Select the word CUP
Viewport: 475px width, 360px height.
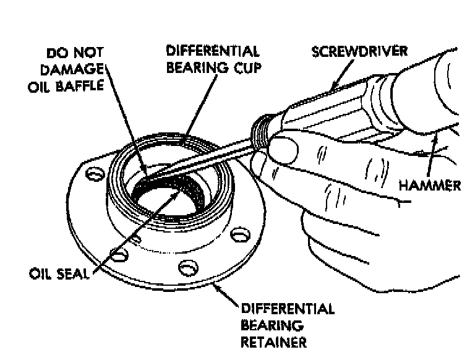tap(241, 66)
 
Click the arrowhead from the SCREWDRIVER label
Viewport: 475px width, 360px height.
tap(334, 87)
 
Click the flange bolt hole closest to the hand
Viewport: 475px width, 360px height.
tap(236, 236)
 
